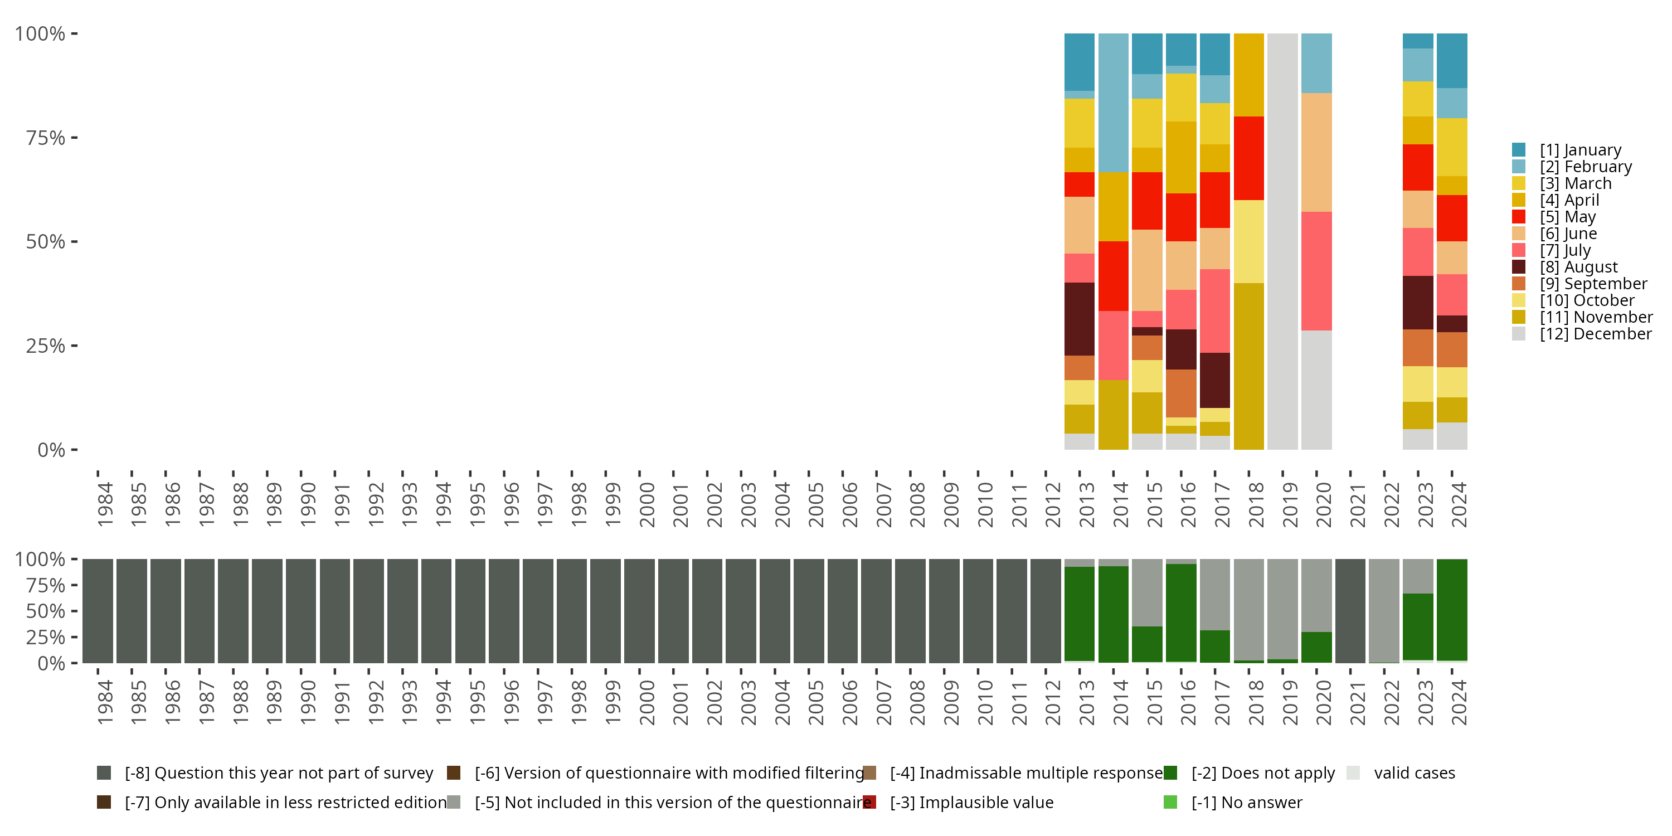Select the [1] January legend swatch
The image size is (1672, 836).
1519,150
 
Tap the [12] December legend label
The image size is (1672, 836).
1596,334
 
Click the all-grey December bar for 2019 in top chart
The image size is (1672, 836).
1282,241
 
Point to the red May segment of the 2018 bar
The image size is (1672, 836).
1248,158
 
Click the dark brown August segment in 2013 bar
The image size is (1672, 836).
1080,319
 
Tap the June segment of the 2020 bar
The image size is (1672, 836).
1316,152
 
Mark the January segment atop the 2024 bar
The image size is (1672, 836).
1451,60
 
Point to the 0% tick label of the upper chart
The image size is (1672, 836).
51,450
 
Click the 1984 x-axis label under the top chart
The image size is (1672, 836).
105,504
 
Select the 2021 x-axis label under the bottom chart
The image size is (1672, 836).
1357,702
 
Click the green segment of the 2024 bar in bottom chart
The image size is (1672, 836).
1451,610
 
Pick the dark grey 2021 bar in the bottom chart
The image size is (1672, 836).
1350,611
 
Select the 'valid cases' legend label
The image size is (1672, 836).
1413,773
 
